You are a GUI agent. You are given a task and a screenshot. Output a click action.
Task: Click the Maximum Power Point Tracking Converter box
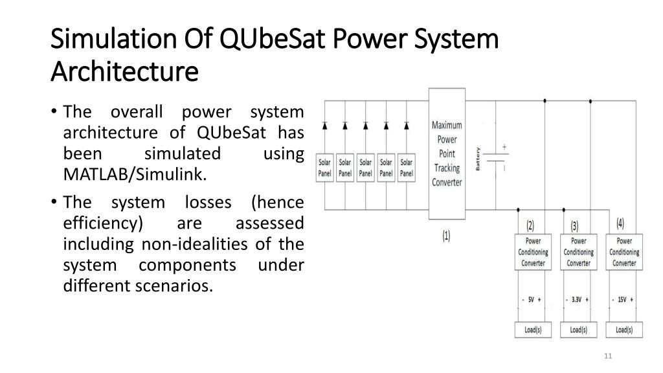click(x=447, y=153)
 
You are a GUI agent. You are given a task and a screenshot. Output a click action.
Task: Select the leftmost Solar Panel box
click(x=324, y=168)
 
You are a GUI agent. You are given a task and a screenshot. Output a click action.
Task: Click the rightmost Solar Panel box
click(x=406, y=168)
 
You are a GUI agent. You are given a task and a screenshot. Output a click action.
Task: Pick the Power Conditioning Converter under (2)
click(x=532, y=253)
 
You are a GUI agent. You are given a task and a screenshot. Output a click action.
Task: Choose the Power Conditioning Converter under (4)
click(x=624, y=253)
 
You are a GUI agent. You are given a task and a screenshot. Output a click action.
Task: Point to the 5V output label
click(x=531, y=300)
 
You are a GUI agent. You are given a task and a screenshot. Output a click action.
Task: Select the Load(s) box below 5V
click(x=532, y=330)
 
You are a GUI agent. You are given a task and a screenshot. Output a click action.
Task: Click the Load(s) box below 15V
click(x=624, y=330)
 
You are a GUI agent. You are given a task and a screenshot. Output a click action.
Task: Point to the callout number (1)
click(x=447, y=236)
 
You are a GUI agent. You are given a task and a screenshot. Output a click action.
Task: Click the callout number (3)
click(x=575, y=226)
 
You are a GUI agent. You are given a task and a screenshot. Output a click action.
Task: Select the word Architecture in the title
click(x=124, y=69)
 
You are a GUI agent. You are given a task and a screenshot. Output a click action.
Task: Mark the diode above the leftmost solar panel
click(x=324, y=124)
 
